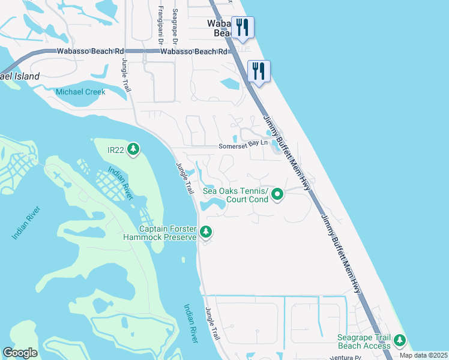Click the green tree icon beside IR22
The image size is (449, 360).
pyautogui.click(x=133, y=149)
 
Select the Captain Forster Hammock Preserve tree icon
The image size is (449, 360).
pyautogui.click(x=206, y=232)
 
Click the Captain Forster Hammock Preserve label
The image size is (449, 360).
pyautogui.click(x=168, y=233)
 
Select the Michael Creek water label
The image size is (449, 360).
pyautogui.click(x=80, y=92)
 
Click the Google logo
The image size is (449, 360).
pyautogui.click(x=20, y=353)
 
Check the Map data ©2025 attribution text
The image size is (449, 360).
pyautogui.click(x=423, y=355)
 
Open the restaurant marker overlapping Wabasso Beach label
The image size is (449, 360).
pyautogui.click(x=243, y=27)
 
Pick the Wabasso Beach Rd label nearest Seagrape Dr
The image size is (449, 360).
pyautogui.click(x=194, y=52)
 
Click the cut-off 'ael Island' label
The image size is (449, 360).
pyautogui.click(x=20, y=76)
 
